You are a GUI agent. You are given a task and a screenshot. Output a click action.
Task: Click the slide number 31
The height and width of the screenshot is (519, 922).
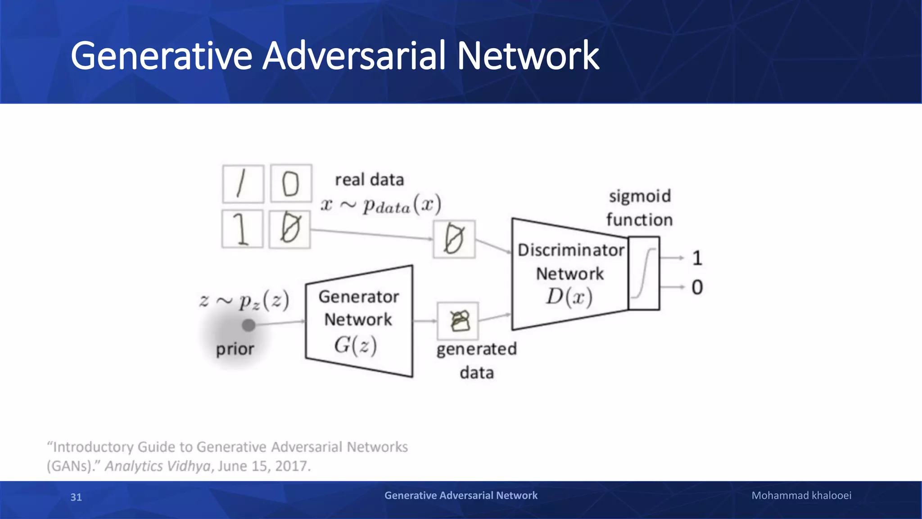click(76, 497)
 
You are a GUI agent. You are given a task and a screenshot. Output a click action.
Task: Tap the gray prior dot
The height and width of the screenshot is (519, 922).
click(249, 325)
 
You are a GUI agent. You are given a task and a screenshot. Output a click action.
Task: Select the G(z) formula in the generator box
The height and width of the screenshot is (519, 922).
click(355, 346)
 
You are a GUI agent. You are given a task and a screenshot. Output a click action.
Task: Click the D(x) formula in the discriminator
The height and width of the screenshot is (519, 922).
click(569, 297)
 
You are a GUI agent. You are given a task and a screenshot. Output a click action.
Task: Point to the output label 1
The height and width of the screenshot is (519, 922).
click(697, 258)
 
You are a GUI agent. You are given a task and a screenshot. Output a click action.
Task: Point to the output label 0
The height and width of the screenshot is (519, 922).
click(697, 287)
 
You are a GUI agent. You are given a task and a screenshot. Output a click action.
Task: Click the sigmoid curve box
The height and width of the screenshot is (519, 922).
click(644, 273)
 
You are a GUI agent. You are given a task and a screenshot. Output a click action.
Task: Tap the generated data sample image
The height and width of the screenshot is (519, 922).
click(458, 321)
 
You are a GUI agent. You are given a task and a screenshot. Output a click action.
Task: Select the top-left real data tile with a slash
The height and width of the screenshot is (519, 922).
click(243, 184)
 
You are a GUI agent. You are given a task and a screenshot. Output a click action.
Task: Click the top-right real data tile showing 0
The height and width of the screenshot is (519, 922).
click(291, 183)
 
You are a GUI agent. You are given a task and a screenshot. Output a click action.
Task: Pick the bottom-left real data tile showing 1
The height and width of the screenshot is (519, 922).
click(242, 229)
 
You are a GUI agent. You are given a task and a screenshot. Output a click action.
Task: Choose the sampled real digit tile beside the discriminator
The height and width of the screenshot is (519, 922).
click(454, 239)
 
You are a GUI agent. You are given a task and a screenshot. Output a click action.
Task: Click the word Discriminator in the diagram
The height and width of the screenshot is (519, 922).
click(571, 250)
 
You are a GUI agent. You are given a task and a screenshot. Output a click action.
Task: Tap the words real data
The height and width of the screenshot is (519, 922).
click(369, 180)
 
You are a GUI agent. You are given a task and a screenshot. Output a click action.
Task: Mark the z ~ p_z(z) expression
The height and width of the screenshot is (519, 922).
click(244, 300)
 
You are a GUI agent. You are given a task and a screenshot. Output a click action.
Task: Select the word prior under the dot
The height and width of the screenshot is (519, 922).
click(235, 349)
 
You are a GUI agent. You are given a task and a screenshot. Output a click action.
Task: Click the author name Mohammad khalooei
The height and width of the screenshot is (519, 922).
click(801, 496)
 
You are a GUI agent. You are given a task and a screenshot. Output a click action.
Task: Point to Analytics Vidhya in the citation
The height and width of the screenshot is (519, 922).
click(158, 466)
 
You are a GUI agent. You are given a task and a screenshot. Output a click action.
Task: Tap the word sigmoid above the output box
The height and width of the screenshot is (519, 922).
click(640, 196)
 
